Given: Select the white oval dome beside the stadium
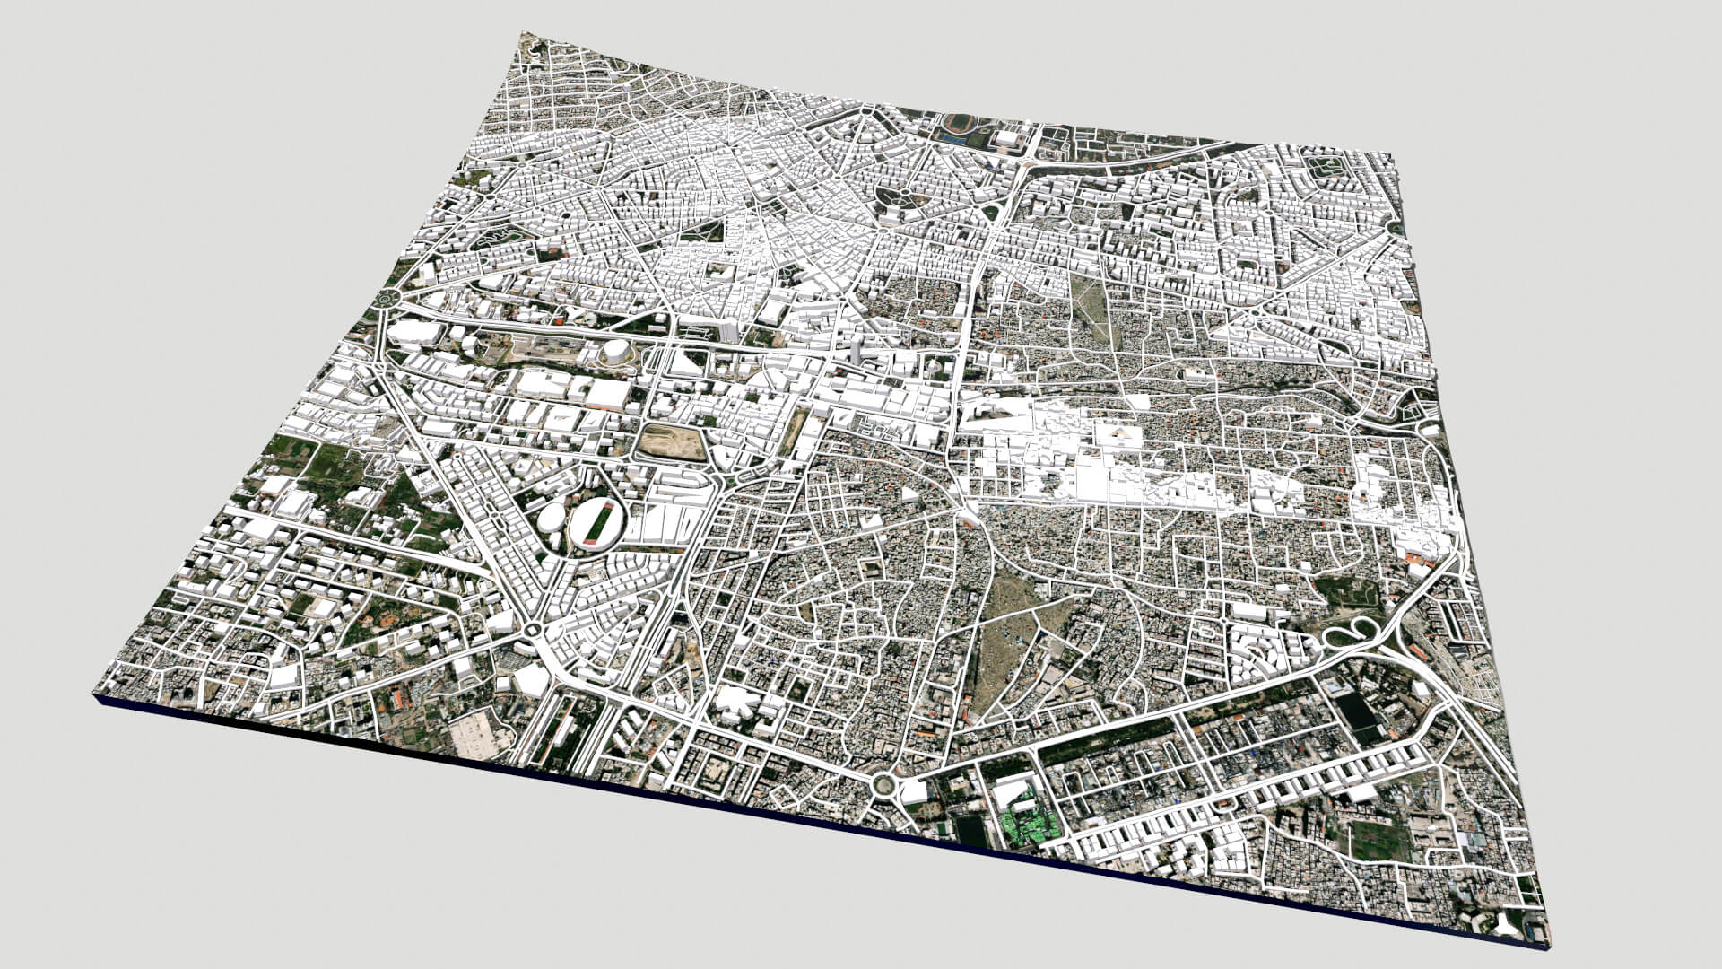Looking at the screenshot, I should (551, 518).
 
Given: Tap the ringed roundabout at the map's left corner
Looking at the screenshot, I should (388, 299).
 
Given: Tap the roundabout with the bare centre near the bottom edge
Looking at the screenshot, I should (883, 785).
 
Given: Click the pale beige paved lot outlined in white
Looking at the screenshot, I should (481, 736).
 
